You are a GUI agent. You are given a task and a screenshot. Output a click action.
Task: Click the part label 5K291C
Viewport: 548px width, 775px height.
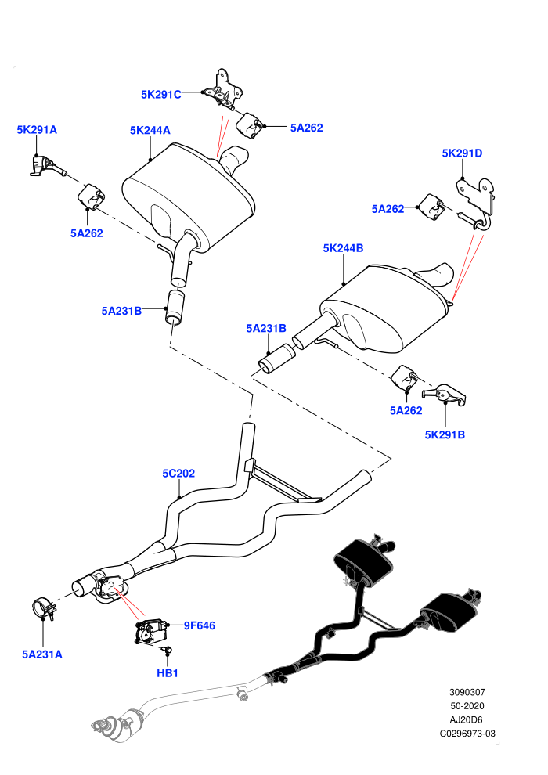tap(161, 95)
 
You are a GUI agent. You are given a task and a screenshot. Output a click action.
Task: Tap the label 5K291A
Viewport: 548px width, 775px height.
tap(37, 129)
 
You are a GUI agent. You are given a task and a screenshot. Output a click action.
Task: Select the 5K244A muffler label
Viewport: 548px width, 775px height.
tap(150, 130)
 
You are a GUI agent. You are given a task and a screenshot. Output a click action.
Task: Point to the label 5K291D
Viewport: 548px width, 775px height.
tap(462, 153)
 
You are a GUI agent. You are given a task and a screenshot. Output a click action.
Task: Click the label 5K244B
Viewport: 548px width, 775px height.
tap(344, 248)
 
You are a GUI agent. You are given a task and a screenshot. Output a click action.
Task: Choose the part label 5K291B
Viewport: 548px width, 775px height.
tap(445, 435)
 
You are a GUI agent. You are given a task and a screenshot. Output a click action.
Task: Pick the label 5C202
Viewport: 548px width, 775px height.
tap(178, 474)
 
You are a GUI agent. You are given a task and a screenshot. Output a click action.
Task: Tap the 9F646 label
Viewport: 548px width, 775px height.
tap(200, 625)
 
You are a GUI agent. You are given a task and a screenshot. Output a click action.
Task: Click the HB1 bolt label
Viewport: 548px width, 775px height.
tap(168, 673)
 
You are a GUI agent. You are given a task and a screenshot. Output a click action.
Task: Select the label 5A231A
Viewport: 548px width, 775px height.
tap(42, 654)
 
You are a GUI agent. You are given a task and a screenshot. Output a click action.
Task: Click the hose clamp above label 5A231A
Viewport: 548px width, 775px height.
tap(44, 608)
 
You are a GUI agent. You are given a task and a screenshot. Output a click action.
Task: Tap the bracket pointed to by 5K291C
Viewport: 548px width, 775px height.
tap(223, 91)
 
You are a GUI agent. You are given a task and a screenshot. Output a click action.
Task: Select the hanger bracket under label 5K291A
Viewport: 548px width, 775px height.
tap(45, 165)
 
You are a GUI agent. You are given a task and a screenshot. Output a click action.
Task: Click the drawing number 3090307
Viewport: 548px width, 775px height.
tap(467, 693)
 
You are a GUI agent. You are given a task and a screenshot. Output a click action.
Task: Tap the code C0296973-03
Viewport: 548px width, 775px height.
tap(467, 734)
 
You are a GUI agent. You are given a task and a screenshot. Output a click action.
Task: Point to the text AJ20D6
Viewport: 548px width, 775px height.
tap(467, 720)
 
